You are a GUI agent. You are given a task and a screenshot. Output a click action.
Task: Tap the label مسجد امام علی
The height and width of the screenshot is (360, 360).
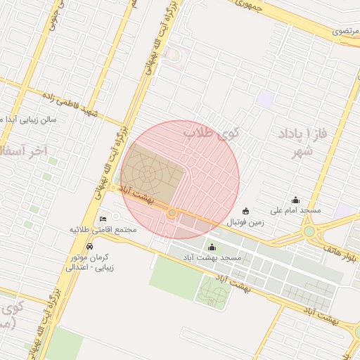point(296,210)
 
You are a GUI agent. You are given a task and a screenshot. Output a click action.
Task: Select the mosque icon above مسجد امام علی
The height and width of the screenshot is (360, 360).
point(295,200)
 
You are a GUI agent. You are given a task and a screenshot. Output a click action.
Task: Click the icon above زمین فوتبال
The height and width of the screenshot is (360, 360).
point(245,211)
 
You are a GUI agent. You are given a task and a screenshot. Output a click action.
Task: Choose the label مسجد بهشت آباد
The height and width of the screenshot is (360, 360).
point(212,258)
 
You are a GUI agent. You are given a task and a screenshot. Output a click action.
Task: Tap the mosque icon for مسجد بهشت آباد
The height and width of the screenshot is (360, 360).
point(212,247)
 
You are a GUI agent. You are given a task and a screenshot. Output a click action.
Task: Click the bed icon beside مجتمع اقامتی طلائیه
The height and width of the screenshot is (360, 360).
point(104,219)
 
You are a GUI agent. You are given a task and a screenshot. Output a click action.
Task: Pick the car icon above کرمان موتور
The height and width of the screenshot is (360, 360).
point(89,247)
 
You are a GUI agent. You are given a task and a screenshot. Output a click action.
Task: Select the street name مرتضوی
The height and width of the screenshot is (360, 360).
point(348,32)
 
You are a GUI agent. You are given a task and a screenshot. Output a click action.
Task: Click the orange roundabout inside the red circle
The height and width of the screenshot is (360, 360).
point(172,212)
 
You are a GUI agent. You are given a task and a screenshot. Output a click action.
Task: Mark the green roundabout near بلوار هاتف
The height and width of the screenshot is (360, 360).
point(309,231)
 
